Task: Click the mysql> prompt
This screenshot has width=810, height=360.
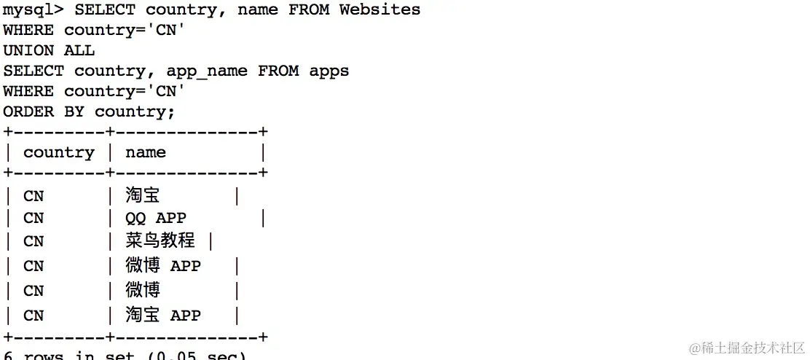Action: [33, 10]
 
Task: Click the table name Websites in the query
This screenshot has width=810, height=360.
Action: [380, 10]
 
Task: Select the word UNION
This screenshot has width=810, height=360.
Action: [28, 50]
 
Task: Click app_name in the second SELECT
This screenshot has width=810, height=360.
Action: [207, 71]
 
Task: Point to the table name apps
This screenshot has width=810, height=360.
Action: [329, 71]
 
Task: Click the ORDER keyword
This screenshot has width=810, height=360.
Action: [28, 111]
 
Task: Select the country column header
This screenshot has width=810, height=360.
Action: [58, 152]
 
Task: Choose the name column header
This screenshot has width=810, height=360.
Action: [145, 152]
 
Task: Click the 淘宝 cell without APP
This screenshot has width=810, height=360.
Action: [142, 195]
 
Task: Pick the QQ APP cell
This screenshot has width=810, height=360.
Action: [155, 218]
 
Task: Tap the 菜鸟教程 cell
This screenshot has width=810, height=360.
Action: [160, 240]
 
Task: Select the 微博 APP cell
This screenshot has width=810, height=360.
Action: [162, 266]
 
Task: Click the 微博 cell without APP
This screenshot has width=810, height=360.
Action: [142, 290]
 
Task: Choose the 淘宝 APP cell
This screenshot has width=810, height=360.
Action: [162, 315]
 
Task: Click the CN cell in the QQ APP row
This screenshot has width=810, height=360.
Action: [34, 218]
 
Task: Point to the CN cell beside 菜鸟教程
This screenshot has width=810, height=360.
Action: [34, 241]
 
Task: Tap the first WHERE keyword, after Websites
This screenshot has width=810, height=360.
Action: [28, 30]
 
